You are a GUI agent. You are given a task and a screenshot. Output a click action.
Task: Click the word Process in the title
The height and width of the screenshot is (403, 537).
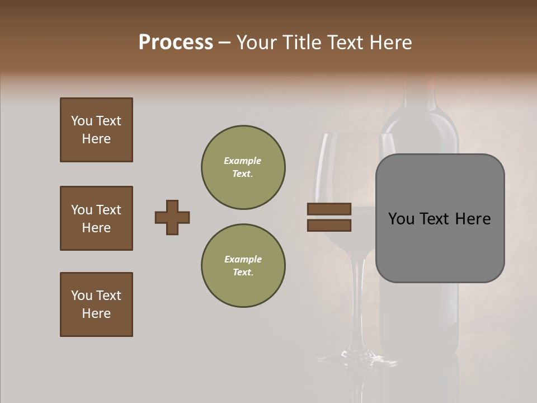[176, 43]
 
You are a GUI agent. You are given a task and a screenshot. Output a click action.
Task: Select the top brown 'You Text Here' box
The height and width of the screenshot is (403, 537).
[96, 130]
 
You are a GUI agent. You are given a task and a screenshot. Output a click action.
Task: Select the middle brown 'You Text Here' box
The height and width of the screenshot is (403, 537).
[96, 218]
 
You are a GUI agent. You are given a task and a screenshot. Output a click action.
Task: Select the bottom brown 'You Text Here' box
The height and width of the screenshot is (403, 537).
[96, 304]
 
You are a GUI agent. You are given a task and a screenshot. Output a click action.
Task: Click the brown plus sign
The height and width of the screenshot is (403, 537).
[172, 217]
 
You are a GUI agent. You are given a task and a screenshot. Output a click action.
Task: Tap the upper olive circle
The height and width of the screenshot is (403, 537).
[243, 167]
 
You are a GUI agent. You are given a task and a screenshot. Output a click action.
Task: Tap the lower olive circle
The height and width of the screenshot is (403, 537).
[243, 266]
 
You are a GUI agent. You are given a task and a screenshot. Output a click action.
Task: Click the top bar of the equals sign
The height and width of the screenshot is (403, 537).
[329, 209]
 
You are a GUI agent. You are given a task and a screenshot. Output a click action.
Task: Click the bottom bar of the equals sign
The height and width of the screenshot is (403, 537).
[329, 225]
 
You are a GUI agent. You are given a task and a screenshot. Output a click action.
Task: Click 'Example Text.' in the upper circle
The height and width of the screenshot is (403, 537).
[243, 167]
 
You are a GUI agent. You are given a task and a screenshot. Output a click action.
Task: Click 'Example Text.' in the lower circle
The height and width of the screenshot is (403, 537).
[243, 266]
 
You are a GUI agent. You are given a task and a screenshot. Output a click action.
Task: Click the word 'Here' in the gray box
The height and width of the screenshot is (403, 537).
[473, 219]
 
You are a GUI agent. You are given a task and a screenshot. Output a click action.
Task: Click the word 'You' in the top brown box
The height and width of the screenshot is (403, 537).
[82, 121]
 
